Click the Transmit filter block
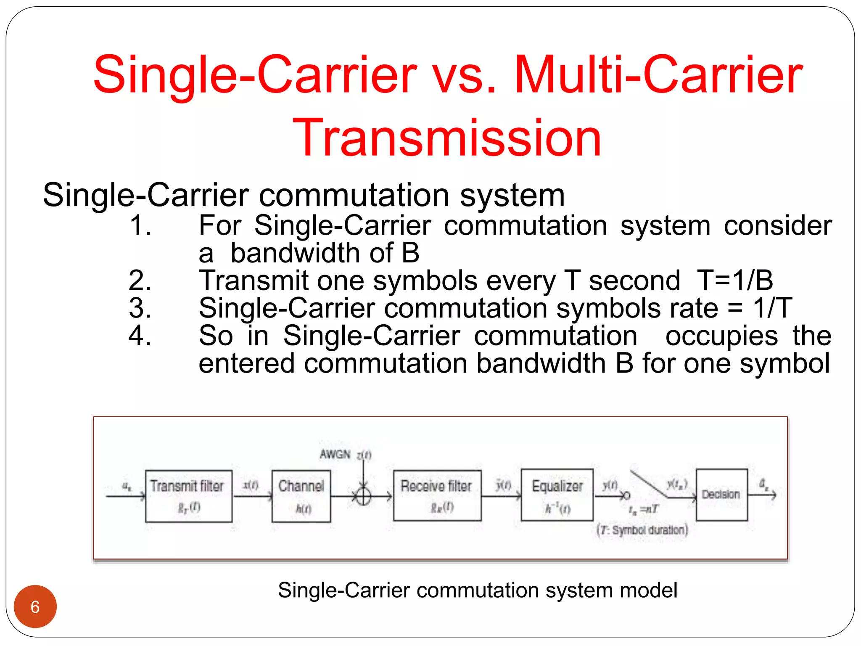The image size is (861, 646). tap(188, 496)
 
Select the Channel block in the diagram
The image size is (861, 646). tap(301, 496)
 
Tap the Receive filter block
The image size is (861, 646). tap(437, 495)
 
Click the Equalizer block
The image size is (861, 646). tap(557, 495)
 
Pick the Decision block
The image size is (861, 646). tap(721, 495)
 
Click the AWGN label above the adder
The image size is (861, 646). tap(335, 454)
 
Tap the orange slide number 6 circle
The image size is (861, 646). tap(35, 606)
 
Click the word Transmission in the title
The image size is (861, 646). tap(447, 138)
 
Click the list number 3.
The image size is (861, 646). tap(140, 308)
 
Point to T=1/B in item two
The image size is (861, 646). tap(735, 281)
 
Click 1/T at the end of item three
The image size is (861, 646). tap(773, 308)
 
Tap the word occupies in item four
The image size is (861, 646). tap(721, 336)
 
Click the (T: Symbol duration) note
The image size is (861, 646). tap(642, 530)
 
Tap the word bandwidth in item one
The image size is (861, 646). tap(296, 253)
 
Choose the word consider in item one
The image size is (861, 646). tap(778, 225)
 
